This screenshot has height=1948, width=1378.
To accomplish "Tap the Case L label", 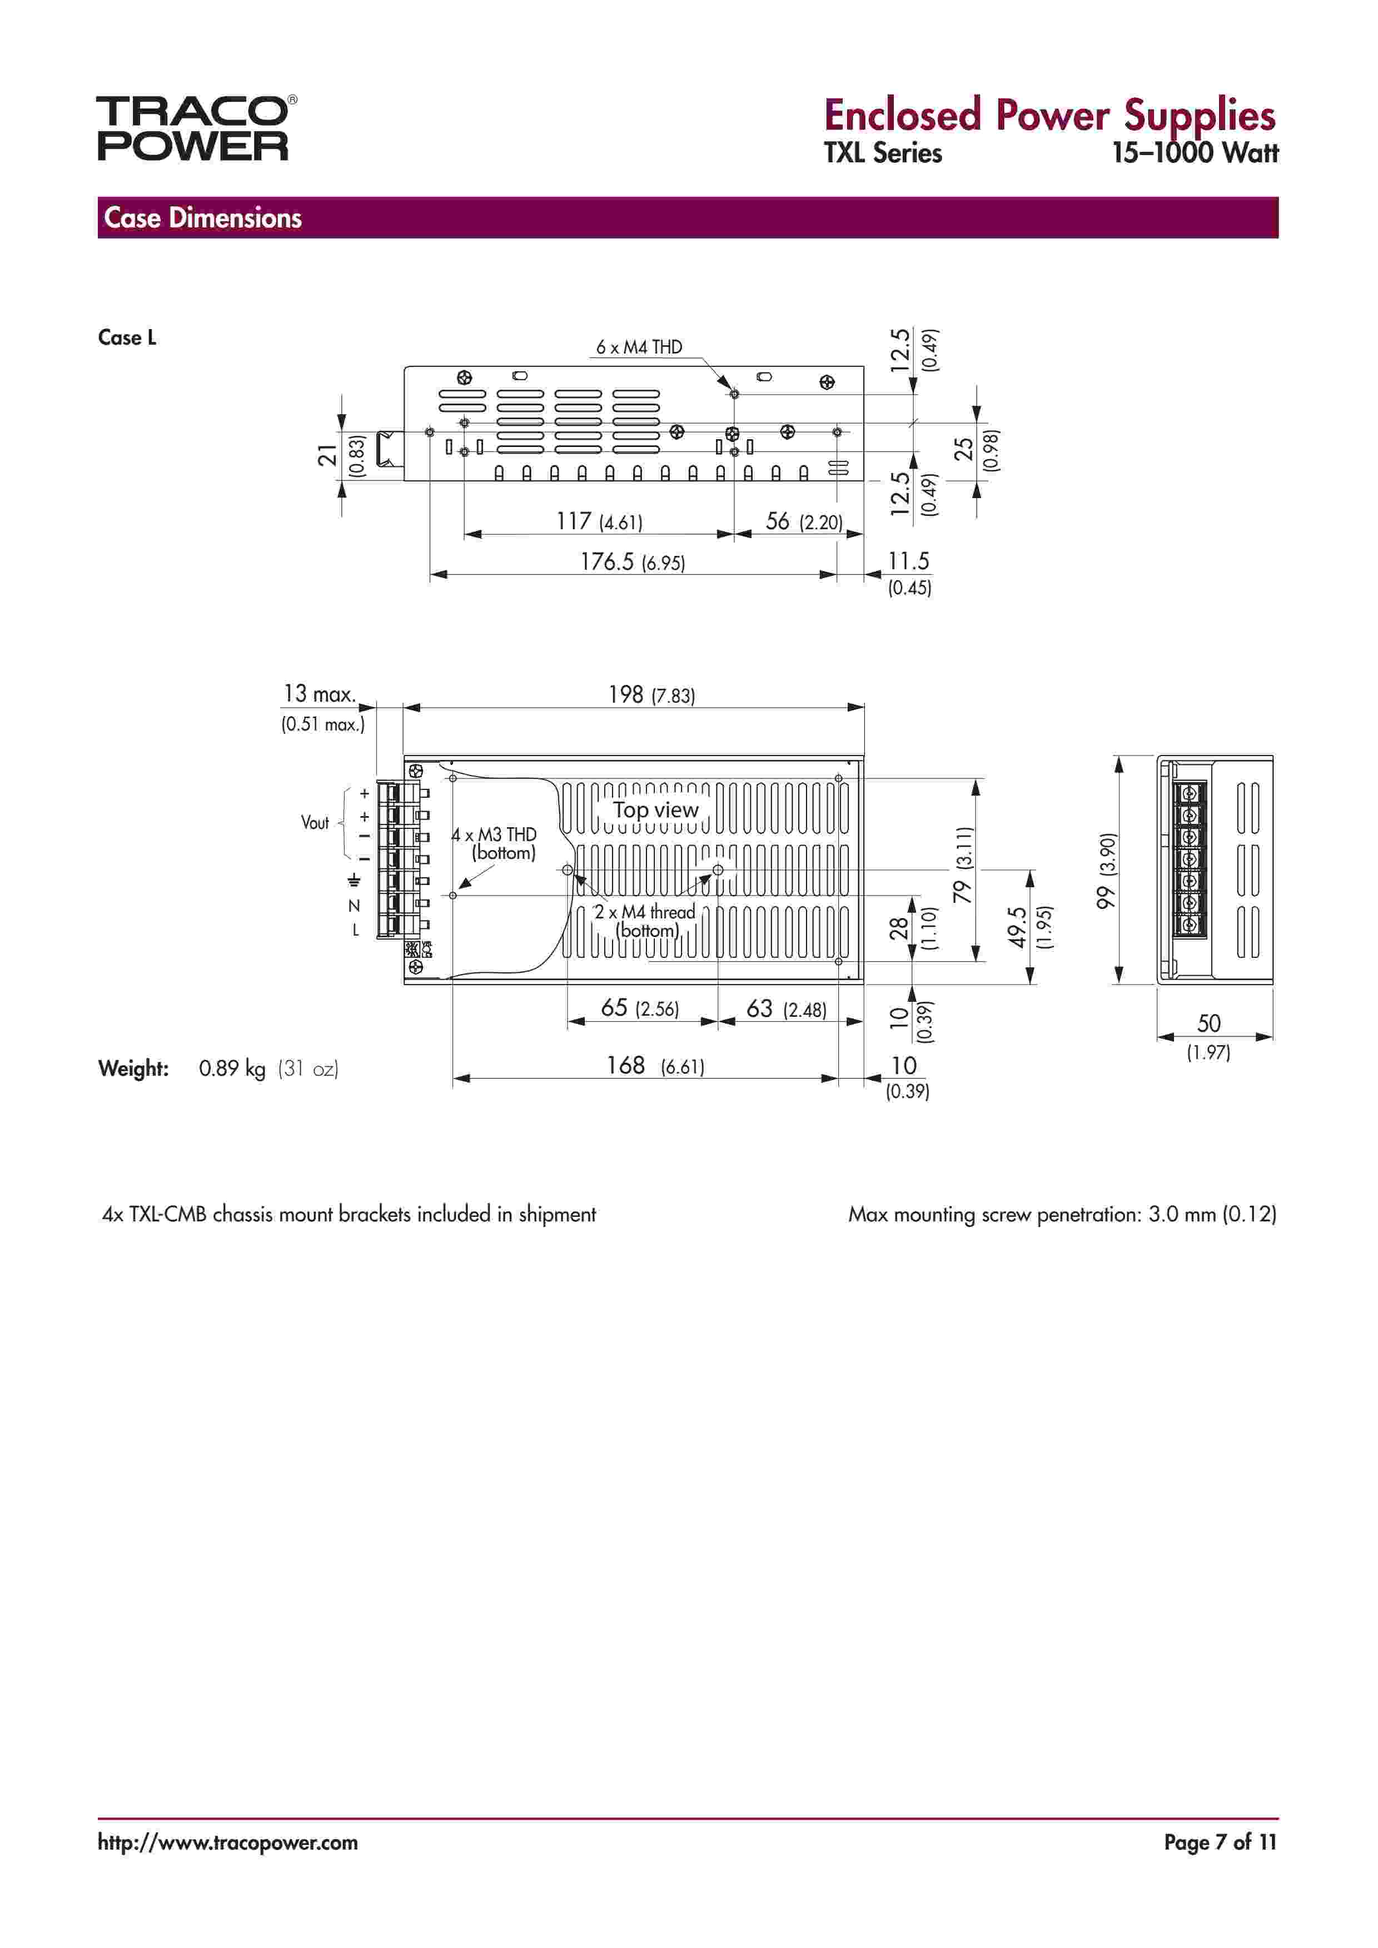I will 127,337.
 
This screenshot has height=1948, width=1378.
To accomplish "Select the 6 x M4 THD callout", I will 638,347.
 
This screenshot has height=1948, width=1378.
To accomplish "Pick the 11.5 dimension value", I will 908,561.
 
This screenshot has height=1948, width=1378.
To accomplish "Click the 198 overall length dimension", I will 626,695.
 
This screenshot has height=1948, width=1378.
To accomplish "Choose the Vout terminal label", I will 315,822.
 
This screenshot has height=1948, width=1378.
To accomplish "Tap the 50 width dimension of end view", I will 1208,1023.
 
